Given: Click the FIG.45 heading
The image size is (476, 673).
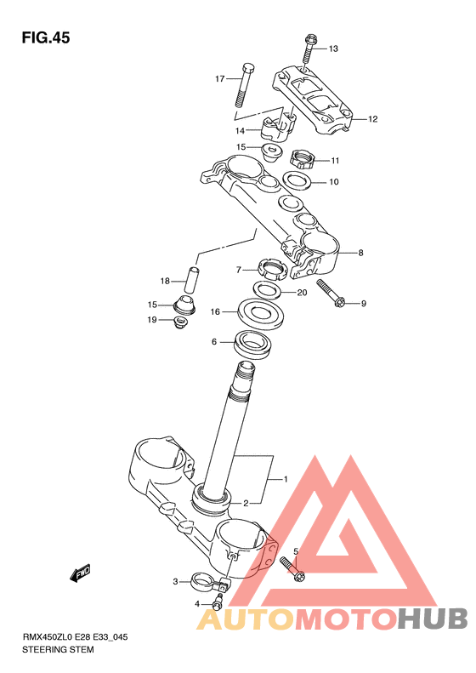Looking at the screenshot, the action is tap(46, 37).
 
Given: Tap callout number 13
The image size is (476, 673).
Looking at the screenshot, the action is tap(333, 48).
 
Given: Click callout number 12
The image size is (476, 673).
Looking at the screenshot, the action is tap(372, 119).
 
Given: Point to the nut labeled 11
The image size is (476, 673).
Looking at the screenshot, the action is tap(302, 159).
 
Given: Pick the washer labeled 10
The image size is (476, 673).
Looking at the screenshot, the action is tap(297, 180).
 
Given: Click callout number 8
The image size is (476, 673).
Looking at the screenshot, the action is tap(360, 253).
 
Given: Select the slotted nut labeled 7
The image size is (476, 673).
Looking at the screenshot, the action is tap(271, 270).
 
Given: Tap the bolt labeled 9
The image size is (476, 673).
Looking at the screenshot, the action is tap(331, 294).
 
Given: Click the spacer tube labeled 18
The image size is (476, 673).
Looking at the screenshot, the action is tap(192, 280).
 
